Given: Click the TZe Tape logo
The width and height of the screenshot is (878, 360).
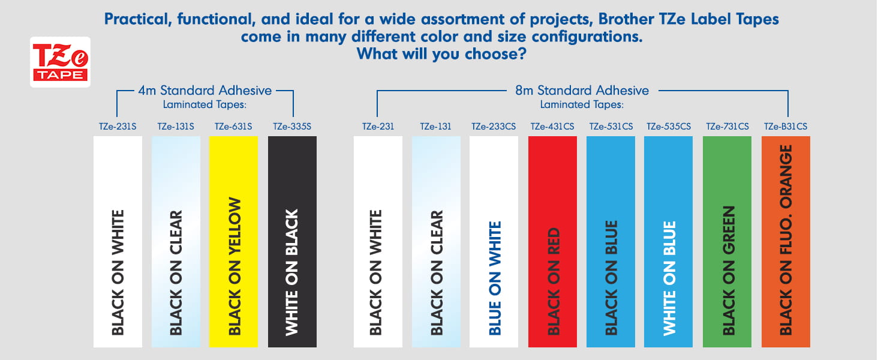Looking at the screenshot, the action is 60,62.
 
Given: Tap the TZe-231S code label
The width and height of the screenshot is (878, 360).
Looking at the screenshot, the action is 118,127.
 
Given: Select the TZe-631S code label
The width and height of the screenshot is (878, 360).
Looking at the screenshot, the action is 233,127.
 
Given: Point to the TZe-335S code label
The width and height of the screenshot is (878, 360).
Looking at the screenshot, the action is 292,127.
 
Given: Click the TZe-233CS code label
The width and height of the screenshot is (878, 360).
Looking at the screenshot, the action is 494,127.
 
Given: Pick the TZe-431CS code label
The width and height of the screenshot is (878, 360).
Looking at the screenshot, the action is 552,127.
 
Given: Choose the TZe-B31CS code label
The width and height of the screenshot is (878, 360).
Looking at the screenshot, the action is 786,127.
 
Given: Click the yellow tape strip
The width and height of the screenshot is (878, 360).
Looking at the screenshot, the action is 234,242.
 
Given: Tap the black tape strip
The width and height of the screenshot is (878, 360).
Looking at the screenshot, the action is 293,242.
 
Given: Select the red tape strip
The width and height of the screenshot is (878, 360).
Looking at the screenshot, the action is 553,242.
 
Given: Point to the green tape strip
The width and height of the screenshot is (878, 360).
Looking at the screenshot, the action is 727,242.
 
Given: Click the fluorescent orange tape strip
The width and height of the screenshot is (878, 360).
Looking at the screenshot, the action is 786,242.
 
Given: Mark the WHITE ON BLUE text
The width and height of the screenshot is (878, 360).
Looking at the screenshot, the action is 669,278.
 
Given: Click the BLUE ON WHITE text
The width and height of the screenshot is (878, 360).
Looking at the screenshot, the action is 495,278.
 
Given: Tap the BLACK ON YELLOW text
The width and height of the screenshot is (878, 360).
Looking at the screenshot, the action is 234,266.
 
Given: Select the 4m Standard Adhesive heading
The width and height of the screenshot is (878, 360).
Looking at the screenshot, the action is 205,91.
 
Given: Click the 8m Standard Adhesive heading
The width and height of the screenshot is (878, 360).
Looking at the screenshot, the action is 582,91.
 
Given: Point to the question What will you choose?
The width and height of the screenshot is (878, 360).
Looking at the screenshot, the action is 441,54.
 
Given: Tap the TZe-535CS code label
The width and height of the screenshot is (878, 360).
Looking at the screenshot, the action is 669,127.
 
